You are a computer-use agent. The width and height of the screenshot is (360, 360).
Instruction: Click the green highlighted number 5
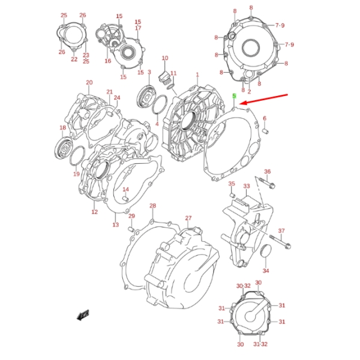click(235, 96)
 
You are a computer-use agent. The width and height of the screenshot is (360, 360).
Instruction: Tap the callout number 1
click(197, 75)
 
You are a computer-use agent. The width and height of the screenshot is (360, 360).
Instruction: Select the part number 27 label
click(188, 218)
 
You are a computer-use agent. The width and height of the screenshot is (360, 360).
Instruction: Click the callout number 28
click(152, 206)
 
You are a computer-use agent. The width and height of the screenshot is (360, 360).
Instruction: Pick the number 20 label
click(89, 83)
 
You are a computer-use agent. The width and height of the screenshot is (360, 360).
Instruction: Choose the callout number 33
click(246, 186)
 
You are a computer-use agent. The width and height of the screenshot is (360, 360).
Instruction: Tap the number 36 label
click(268, 172)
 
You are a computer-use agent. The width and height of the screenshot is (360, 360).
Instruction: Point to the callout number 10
click(164, 58)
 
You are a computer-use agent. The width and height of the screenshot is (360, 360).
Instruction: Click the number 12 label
click(94, 212)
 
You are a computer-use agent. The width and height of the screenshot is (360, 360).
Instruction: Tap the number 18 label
click(62, 128)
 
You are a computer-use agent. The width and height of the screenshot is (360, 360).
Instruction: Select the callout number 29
click(131, 217)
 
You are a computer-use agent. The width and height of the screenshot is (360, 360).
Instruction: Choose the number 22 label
click(74, 59)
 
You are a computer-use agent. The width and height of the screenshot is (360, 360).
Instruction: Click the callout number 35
click(231, 184)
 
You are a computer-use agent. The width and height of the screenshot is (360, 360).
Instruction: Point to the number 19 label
click(76, 174)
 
